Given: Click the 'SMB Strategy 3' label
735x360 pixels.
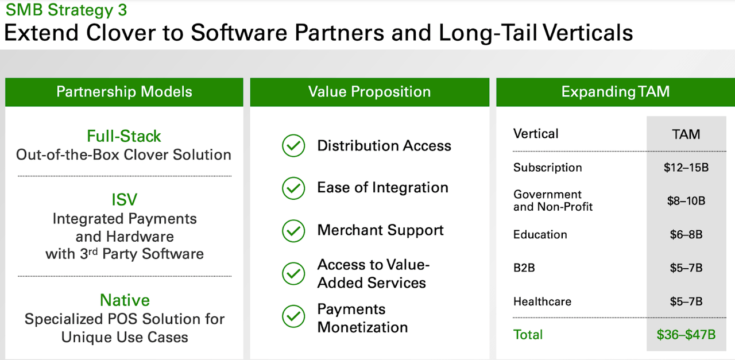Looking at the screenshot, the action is coord(66,10).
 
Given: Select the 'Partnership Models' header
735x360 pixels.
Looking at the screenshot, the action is coord(124,91).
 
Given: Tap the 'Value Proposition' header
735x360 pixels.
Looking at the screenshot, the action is coord(369,91).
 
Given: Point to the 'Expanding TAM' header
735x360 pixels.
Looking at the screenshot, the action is coord(616,91).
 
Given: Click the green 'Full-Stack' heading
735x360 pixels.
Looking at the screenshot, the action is coord(124,136).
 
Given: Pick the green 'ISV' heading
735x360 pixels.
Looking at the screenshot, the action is coord(125,200).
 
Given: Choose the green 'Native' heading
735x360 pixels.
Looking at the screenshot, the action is coord(125,300).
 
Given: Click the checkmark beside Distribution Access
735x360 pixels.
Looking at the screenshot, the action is coord(293,145).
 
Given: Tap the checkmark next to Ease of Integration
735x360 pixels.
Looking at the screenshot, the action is coord(293,188).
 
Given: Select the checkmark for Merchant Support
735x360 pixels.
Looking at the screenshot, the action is coord(293,231).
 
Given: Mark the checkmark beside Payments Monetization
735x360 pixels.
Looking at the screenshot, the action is coord(293,316).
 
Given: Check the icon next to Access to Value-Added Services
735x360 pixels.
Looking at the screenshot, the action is coord(293,273).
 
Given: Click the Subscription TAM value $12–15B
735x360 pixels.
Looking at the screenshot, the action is coord(686,168).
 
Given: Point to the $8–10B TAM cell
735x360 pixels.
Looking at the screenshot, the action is coord(686,201).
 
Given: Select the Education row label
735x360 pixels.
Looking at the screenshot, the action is coord(540,235).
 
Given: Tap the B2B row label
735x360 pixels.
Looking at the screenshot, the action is coord(524,268).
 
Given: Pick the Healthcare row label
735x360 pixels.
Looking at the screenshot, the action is coord(542,301).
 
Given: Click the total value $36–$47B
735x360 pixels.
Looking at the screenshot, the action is coord(686,335).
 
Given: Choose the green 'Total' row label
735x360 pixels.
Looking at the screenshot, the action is coord(528,335).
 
